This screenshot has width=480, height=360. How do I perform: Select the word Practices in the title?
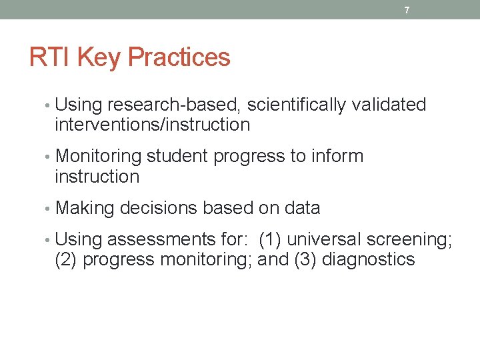point(179,58)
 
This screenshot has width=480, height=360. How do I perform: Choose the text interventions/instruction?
point(152,125)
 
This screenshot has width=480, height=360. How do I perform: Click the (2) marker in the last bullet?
point(66,260)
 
